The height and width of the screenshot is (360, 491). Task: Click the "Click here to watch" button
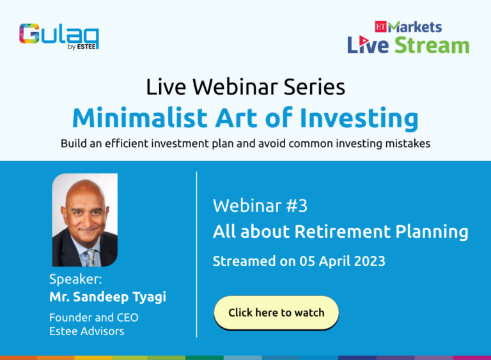pyautogui.click(x=276, y=313)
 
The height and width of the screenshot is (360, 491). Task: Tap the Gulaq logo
pyautogui.click(x=59, y=36)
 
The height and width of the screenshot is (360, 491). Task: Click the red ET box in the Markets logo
pyautogui.click(x=381, y=27)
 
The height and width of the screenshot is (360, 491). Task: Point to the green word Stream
pyautogui.click(x=432, y=45)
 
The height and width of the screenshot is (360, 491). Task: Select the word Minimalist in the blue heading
pyautogui.click(x=140, y=118)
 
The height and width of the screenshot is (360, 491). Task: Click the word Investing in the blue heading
pyautogui.click(x=359, y=119)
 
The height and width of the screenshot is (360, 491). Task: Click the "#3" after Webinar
pyautogui.click(x=297, y=206)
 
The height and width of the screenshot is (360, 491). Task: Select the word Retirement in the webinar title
pyautogui.click(x=343, y=232)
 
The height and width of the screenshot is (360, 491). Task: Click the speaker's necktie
pyautogui.click(x=90, y=257)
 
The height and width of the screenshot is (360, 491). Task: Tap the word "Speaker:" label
pyautogui.click(x=75, y=279)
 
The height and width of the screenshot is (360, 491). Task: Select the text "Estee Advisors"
pyautogui.click(x=87, y=331)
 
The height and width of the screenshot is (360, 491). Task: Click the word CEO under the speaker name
pyautogui.click(x=127, y=317)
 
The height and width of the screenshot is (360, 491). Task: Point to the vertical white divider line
pyautogui.click(x=197, y=254)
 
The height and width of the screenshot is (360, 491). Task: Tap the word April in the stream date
pyautogui.click(x=334, y=262)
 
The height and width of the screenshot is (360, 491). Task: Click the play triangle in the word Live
pyautogui.click(x=364, y=40)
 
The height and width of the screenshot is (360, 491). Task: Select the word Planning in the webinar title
pyautogui.click(x=432, y=233)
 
